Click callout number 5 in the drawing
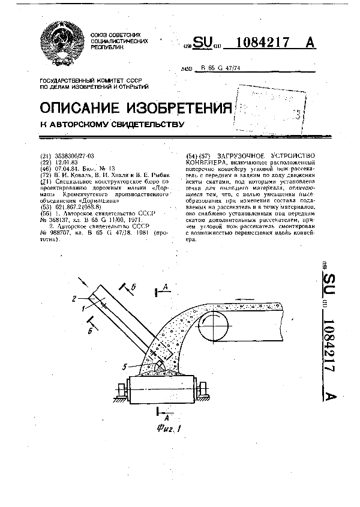[x=123, y=366]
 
